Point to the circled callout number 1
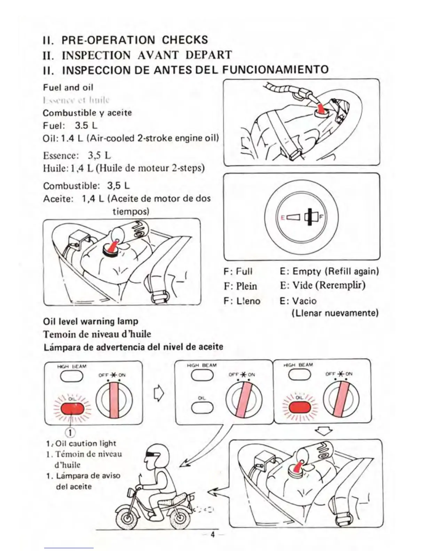[70, 432]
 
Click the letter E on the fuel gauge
[283, 217]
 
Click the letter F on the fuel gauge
[321, 217]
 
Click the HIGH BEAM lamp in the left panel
[71, 376]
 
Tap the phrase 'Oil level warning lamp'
[90, 321]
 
